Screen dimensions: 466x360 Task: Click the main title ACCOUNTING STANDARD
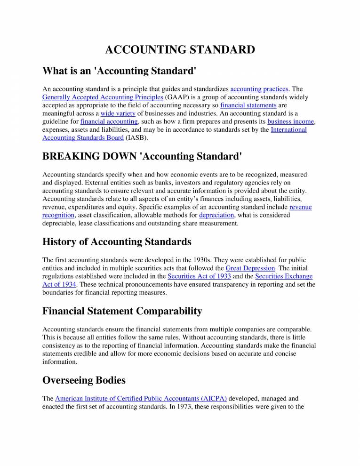[x=180, y=50]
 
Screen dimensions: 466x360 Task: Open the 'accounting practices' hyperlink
[x=259, y=88]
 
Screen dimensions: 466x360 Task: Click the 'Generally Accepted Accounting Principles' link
[x=103, y=97]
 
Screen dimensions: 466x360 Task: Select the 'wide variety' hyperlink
[x=118, y=113]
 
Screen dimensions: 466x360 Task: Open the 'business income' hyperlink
[x=290, y=121]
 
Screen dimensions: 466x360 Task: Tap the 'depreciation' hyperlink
[x=216, y=215]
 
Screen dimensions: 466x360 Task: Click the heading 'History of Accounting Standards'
[x=117, y=241]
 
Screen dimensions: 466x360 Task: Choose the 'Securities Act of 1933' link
[x=199, y=276]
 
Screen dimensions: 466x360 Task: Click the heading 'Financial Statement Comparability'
[x=122, y=311]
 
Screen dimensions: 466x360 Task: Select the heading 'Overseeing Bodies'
[x=84, y=380]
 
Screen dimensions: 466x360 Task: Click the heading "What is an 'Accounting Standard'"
[x=119, y=71]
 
